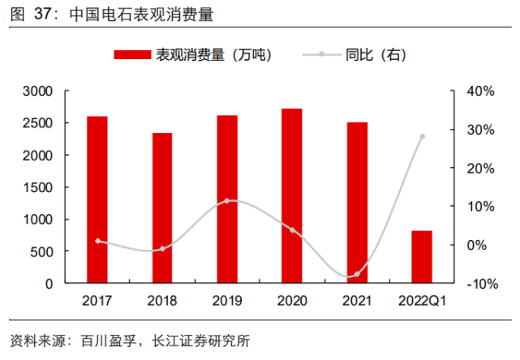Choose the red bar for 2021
pyautogui.click(x=357, y=203)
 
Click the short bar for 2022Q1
pyautogui.click(x=422, y=257)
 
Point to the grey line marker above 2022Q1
pyautogui.click(x=422, y=136)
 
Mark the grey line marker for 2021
pyautogui.click(x=357, y=274)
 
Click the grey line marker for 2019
pyautogui.click(x=227, y=200)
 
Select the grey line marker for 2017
pyautogui.click(x=97, y=241)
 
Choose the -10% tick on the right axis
pyautogui.click(x=479, y=284)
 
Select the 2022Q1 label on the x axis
pyautogui.click(x=423, y=302)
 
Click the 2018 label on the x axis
pyautogui.click(x=162, y=302)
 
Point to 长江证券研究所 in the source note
pyautogui.click(x=203, y=338)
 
